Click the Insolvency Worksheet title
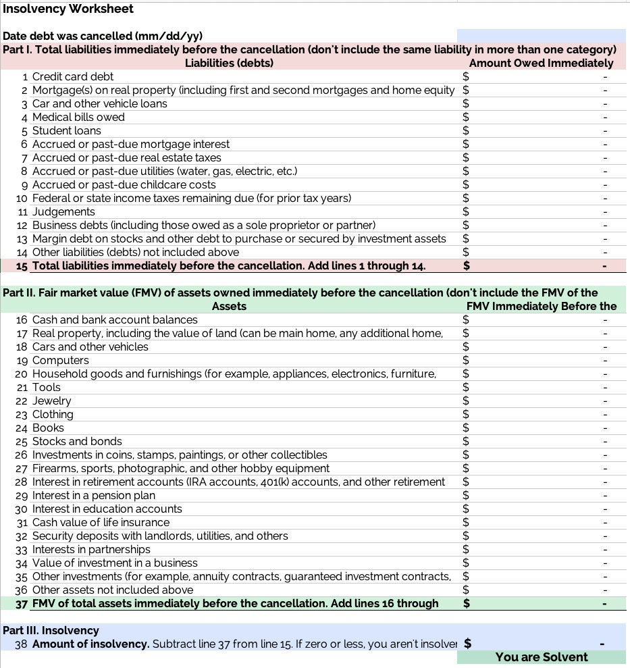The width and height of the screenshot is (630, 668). tap(68, 9)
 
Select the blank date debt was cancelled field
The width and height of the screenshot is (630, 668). tap(541, 36)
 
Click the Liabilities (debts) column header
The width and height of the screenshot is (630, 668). tap(229, 63)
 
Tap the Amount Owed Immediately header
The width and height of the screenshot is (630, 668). tap(541, 63)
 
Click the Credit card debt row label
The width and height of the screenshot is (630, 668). tap(73, 76)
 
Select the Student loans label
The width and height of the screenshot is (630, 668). tap(66, 130)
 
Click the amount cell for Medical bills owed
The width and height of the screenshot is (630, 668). tap(541, 117)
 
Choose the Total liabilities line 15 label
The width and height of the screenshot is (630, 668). tap(229, 265)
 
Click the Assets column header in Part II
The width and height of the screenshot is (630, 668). tap(229, 306)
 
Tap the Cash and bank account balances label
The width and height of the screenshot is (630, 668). tap(115, 319)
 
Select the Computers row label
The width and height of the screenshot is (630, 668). tap(60, 360)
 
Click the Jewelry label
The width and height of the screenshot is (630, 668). tap(51, 401)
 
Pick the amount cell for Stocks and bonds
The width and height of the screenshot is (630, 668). tap(541, 441)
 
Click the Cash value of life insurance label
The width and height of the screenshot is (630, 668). tap(101, 522)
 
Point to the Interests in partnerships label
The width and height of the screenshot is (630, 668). tap(91, 549)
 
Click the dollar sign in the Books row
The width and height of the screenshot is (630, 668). tap(465, 428)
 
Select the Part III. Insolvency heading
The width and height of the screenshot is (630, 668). tap(51, 630)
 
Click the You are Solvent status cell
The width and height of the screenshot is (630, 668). tap(541, 657)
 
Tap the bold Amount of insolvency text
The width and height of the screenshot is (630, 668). tap(90, 644)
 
